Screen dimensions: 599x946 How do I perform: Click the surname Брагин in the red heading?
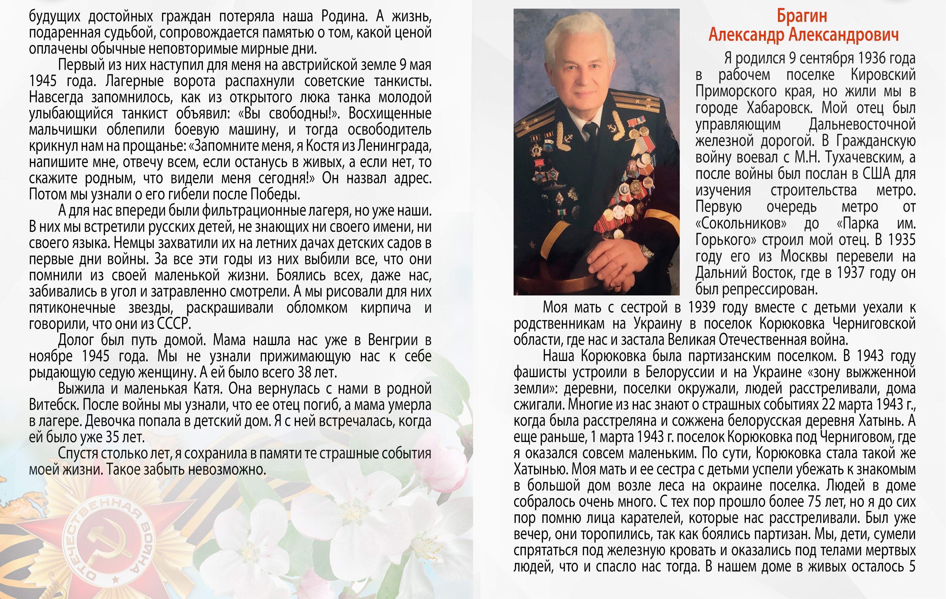[x=802, y=16]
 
